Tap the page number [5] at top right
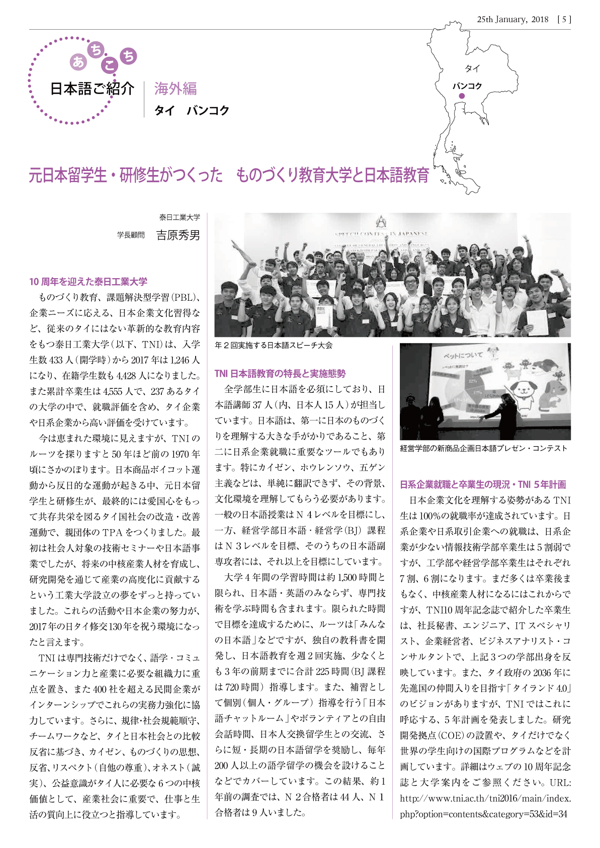564,20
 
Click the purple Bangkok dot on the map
462,96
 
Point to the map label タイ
472,68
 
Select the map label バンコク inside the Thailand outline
467,86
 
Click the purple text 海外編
175,89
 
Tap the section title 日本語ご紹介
92,89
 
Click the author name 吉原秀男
178,235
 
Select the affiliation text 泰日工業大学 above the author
180,217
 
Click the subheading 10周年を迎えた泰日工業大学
88,282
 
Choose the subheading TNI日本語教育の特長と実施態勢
280,374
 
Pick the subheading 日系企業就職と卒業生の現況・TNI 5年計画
483,484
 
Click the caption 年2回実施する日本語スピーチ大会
274,345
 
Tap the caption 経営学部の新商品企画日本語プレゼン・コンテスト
483,448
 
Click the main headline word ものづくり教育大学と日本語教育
332,175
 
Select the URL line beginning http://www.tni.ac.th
485,798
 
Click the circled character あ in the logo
78,62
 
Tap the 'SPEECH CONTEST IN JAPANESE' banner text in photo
382,234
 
